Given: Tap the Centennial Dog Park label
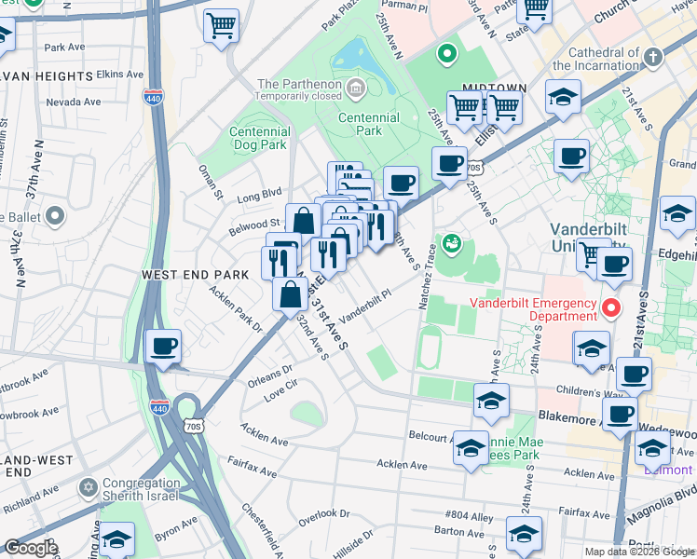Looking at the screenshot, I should [x=259, y=139].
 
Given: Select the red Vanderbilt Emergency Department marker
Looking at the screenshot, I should [x=612, y=307].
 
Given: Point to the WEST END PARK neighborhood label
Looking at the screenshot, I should [x=195, y=275].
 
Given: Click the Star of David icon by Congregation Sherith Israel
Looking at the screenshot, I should [x=90, y=487].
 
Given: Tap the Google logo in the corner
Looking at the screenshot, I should [x=32, y=548].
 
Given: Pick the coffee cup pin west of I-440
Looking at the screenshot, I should [x=164, y=348].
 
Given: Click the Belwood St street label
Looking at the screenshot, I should [x=255, y=224].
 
